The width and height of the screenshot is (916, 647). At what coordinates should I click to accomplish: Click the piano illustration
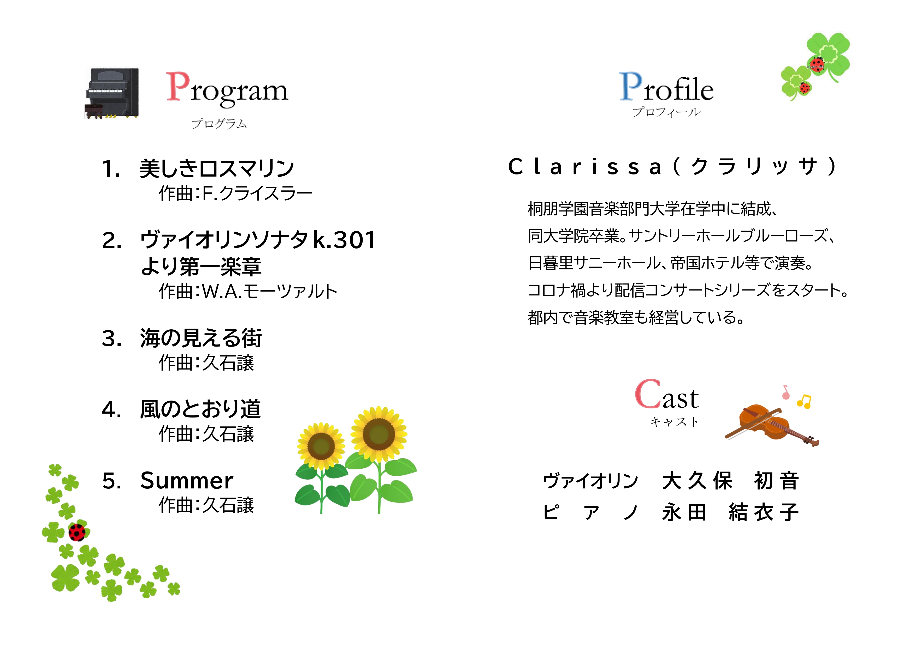(112, 93)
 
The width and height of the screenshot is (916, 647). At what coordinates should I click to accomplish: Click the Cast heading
(667, 395)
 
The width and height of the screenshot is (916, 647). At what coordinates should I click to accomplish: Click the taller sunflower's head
(379, 434)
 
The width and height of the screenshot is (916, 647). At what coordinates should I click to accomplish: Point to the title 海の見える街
(201, 338)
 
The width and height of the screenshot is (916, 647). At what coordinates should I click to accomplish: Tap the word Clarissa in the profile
(585, 167)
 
